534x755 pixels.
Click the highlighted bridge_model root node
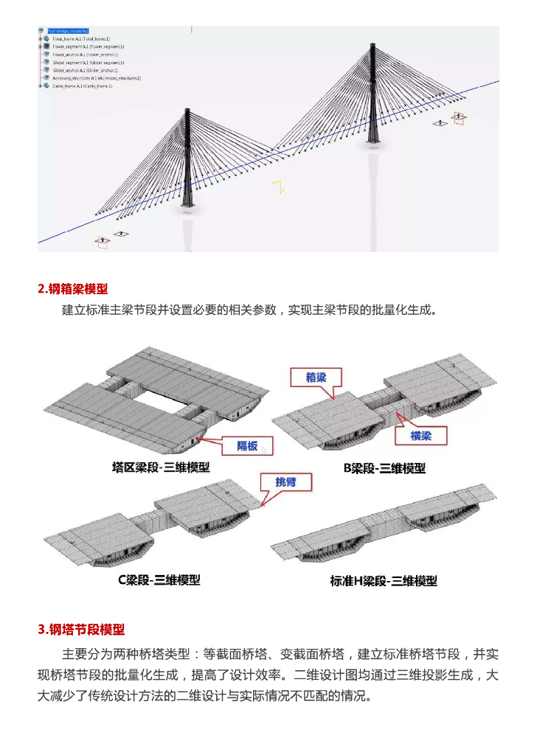tap(67, 31)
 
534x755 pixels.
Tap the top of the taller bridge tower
tap(372, 46)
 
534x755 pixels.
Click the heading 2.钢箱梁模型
tap(77, 288)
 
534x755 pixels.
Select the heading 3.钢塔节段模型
tap(81, 629)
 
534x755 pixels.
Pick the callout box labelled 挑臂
tap(285, 482)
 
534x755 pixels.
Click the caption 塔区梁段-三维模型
tap(161, 467)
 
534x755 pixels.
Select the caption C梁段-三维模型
tap(159, 580)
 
